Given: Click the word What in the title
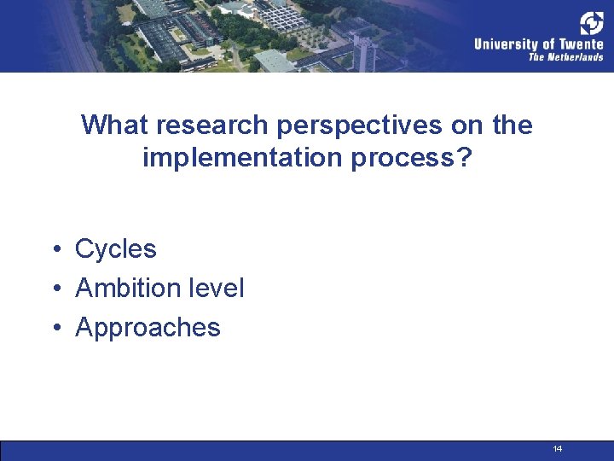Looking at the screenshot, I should pos(115,125).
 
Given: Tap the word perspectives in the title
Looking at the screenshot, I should pos(364,125).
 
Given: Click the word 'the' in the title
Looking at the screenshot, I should pos(513,125).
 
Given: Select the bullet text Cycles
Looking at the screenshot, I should pos(116,249).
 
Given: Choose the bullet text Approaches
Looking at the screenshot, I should pos(148,328).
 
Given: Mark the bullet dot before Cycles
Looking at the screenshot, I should pos(54,250).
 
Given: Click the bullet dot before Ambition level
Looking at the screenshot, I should pos(54,289).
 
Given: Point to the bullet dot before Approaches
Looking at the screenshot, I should pos(54,329).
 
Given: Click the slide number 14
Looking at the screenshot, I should pos(558,449).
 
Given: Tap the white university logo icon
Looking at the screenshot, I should pos(591,23).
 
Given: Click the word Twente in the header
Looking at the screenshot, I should pos(583,44).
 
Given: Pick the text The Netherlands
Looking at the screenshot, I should pos(565,57).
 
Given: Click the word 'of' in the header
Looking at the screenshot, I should pos(549,44).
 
